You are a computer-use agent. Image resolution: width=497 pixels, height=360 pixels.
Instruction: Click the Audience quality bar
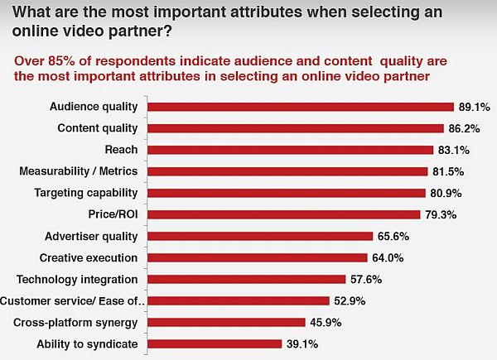tap(301, 107)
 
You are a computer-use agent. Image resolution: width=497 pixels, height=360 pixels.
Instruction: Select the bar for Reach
tap(290, 150)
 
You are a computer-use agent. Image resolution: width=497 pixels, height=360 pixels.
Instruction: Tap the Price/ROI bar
tap(283, 214)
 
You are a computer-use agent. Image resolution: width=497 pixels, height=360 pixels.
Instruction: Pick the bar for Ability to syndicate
tap(215, 343)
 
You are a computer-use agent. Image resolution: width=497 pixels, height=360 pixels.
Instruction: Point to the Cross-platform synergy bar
tap(226, 322)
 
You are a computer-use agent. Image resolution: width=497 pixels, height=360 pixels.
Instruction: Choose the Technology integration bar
tap(246, 279)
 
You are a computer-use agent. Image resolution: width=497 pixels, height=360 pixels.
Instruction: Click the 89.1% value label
tap(475, 107)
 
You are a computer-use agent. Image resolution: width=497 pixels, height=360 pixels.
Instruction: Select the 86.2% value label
tap(464, 128)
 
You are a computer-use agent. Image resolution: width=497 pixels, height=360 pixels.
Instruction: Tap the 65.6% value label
tap(393, 236)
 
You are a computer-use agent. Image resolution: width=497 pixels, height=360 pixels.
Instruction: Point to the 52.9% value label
tap(350, 300)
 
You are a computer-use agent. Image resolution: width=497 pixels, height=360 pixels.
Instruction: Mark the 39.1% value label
tap(302, 343)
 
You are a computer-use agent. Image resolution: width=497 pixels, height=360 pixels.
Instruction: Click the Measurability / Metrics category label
tap(79, 171)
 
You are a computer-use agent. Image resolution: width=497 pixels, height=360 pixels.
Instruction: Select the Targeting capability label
tap(86, 193)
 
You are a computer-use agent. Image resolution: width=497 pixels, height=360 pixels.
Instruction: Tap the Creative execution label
tap(89, 257)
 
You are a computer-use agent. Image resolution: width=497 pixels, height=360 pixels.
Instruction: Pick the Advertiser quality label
tap(91, 237)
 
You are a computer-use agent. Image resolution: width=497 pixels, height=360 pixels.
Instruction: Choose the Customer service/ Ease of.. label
tap(72, 300)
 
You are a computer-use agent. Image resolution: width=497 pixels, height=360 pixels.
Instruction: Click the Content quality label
tap(98, 128)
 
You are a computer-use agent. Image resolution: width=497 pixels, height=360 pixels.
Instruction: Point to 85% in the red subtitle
tap(62, 60)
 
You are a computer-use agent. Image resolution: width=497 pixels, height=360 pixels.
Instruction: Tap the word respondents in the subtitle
tap(135, 62)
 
